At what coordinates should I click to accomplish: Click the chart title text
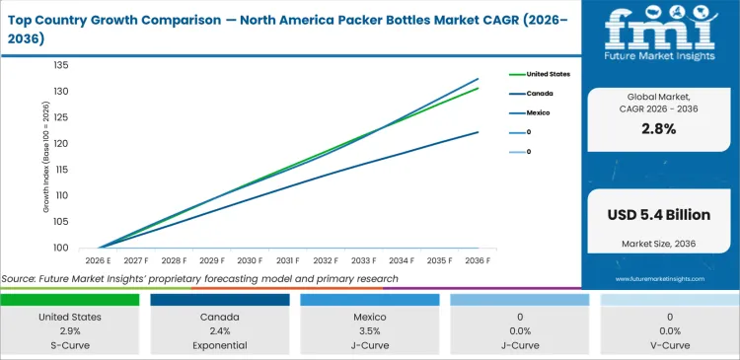tap(286, 27)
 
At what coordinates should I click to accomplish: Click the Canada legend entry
tap(540, 94)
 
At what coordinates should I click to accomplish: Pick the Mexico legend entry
tap(539, 113)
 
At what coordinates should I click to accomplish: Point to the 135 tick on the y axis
tap(60, 65)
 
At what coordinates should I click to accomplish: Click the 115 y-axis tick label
tap(60, 170)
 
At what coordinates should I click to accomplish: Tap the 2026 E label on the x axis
tap(99, 260)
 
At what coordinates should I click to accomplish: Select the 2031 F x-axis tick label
tap(289, 260)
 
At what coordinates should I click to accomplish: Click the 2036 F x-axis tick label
tap(479, 260)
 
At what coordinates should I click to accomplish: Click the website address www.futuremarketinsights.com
tap(660, 279)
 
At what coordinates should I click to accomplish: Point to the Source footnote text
tap(200, 279)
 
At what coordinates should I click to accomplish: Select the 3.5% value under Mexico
tap(370, 331)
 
